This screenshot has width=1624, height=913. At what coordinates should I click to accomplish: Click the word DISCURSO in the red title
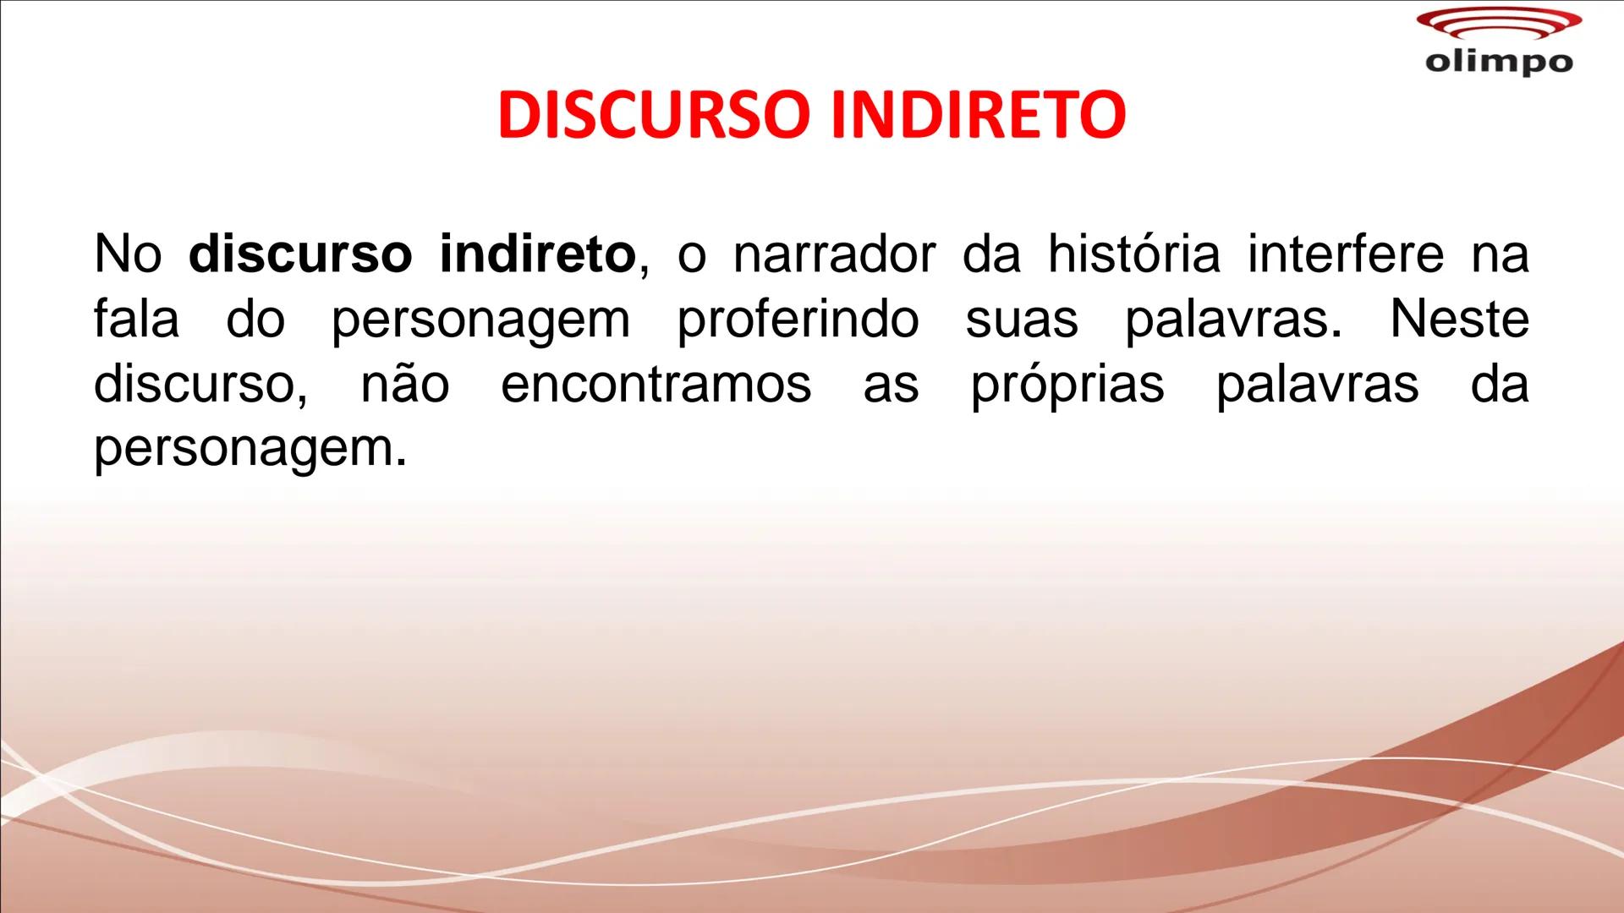click(x=651, y=115)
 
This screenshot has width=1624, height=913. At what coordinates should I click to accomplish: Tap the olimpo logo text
click(x=1499, y=62)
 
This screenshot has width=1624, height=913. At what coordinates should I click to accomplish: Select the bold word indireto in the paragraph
click(x=537, y=254)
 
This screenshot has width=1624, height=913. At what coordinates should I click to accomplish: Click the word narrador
click(x=835, y=254)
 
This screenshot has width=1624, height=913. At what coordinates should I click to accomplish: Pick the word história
click(x=1133, y=254)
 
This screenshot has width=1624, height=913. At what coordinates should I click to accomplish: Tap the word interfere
click(x=1346, y=254)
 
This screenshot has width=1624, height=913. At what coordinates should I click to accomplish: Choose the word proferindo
click(x=798, y=320)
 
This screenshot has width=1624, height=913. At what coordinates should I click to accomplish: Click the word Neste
click(x=1459, y=320)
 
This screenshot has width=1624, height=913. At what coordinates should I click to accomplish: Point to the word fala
click(x=136, y=320)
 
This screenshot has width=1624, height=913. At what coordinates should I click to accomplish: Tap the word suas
click(x=1022, y=320)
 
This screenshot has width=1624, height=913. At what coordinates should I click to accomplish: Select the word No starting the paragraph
click(x=127, y=254)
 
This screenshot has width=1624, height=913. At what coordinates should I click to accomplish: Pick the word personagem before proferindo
click(x=480, y=320)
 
